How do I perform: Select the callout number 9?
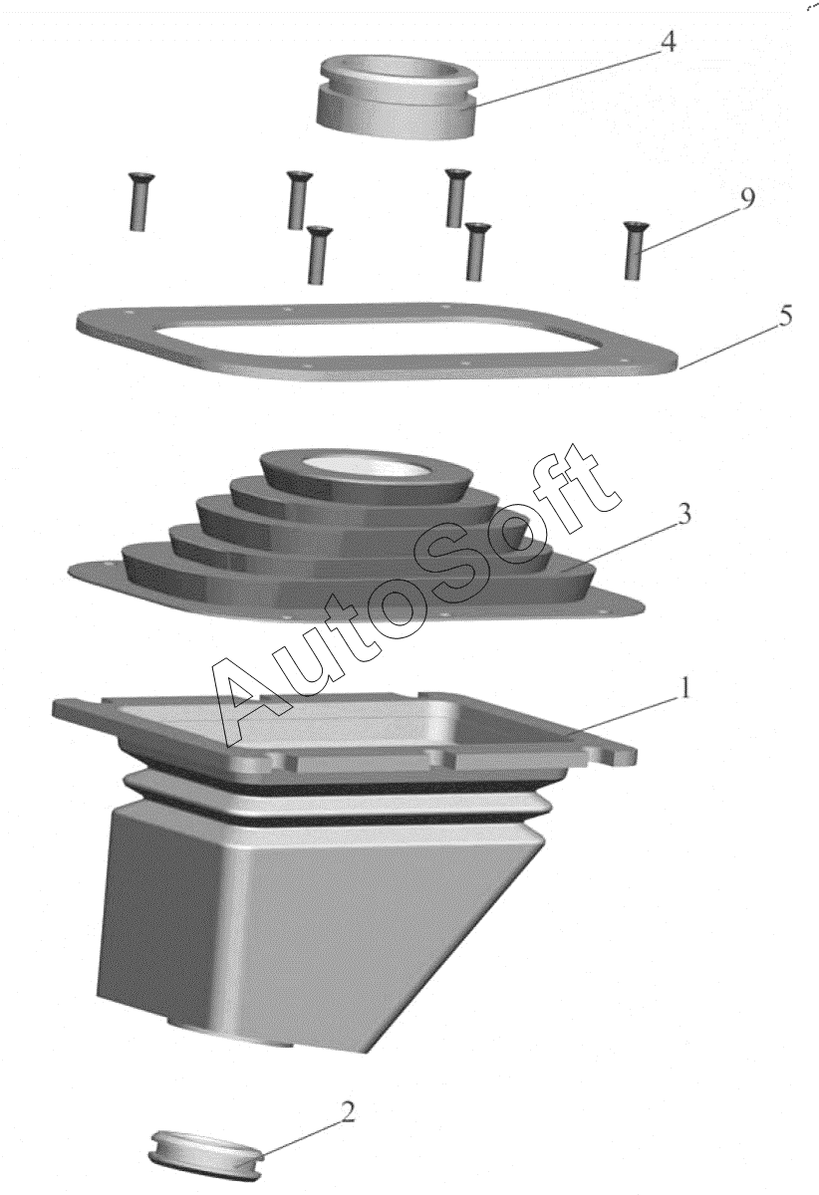pyautogui.click(x=747, y=199)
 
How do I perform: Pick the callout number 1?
pyautogui.click(x=683, y=688)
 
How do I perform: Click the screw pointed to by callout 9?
pyautogui.click(x=633, y=250)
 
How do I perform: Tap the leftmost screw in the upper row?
pyautogui.click(x=138, y=201)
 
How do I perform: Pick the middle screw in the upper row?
pyautogui.click(x=296, y=199)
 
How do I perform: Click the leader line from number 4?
pyautogui.click(x=565, y=80)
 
